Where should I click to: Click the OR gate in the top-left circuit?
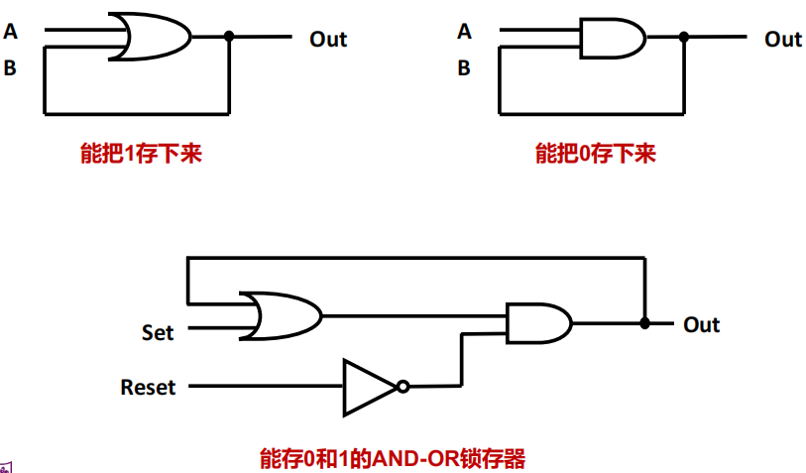pos(151,37)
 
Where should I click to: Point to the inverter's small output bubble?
pos(403,386)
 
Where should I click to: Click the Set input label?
pos(157,333)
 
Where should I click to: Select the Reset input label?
pos(148,387)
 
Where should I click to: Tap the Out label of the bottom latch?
pos(701,325)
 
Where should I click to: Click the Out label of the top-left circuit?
pos(328,40)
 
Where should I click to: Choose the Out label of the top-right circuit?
pos(782,40)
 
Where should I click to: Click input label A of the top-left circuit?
pos(11,32)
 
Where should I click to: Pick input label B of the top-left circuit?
pos(11,68)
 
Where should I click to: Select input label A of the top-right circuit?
pos(464,32)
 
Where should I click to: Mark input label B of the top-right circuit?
pos(464,68)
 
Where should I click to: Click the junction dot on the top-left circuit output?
pos(229,37)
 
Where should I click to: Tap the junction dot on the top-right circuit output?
pos(683,38)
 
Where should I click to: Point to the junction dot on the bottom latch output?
pos(644,323)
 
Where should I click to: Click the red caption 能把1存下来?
pos(141,155)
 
